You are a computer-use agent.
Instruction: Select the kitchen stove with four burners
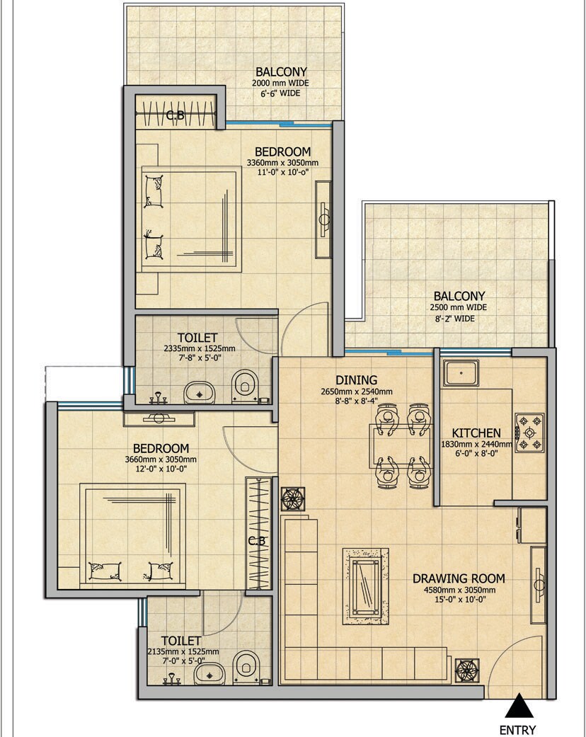point(529,433)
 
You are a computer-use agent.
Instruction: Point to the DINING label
point(357,380)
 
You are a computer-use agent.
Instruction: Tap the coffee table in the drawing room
point(366,585)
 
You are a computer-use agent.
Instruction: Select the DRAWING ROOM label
point(454,578)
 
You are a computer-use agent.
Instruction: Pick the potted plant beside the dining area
point(292,498)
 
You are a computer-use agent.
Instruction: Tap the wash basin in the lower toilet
point(207,673)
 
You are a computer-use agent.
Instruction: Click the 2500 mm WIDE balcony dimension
point(459,308)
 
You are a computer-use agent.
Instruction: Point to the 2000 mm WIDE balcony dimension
point(280,83)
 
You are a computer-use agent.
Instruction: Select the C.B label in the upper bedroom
point(175,115)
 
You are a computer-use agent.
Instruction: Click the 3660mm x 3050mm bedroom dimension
point(161,459)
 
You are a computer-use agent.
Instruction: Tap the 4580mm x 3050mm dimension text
point(454,589)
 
